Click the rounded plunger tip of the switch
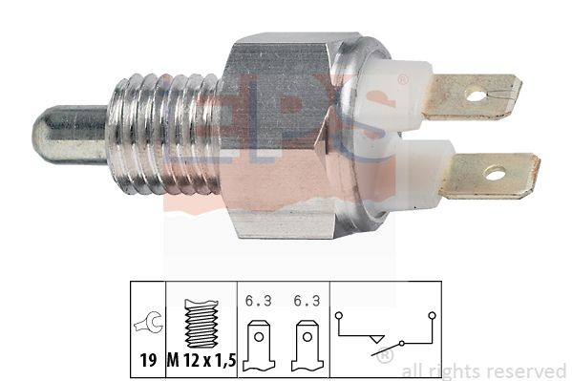click(x=70, y=135)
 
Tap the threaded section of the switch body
click(x=166, y=135)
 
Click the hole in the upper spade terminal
click(x=476, y=96)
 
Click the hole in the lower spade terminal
click(x=495, y=173)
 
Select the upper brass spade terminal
click(x=473, y=96)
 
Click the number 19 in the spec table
click(x=148, y=361)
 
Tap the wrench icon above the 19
click(x=148, y=322)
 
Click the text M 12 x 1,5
click(x=201, y=361)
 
